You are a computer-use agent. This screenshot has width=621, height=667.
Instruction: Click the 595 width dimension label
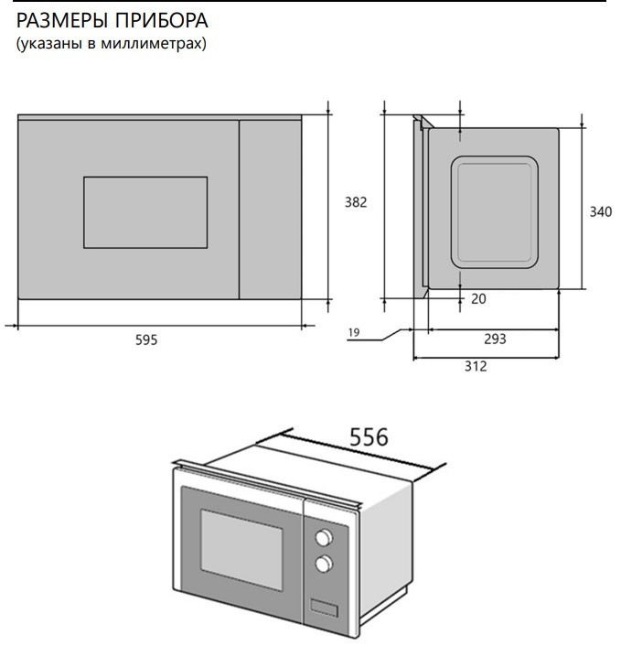coord(146,339)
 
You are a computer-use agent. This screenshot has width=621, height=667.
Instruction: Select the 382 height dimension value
coord(356,202)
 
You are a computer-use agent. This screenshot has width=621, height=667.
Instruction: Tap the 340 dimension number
coord(601,211)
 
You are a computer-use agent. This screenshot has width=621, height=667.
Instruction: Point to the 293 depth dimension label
coord(495,339)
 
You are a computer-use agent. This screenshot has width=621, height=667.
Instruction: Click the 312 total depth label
coord(476,366)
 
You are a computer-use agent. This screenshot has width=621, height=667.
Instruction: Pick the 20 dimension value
coord(478,298)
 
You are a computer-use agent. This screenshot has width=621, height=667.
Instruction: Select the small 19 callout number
coord(354,332)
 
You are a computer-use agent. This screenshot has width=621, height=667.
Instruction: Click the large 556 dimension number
coord(369,436)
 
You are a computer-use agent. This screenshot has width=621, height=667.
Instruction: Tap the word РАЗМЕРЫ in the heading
coord(61,21)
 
